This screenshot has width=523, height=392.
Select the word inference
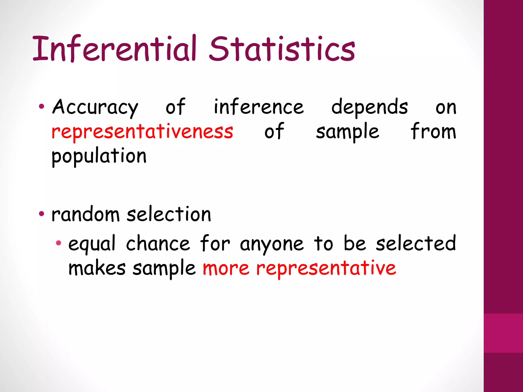tap(259, 107)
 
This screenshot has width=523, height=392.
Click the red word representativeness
tap(142, 132)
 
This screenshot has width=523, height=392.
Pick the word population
tap(99, 156)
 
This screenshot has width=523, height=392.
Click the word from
tap(433, 131)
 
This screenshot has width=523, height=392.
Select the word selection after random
tap(169, 214)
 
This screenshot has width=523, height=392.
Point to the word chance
tap(158, 243)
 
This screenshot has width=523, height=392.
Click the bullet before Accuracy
tap(41, 107)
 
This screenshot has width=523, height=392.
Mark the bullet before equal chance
tap(58, 243)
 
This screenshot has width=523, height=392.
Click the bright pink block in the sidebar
tap(503, 333)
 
